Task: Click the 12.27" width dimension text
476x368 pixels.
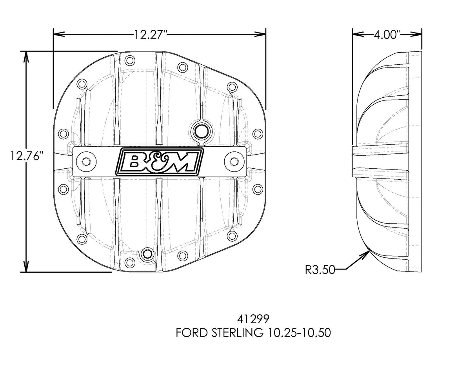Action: coord(151,35)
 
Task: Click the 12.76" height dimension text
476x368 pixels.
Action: coord(26,156)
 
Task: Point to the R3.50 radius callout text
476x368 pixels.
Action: coord(320,270)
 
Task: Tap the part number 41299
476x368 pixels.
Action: coord(253,317)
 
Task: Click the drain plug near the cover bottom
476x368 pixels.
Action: coord(148,254)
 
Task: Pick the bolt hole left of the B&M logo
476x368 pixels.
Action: coord(85,161)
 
